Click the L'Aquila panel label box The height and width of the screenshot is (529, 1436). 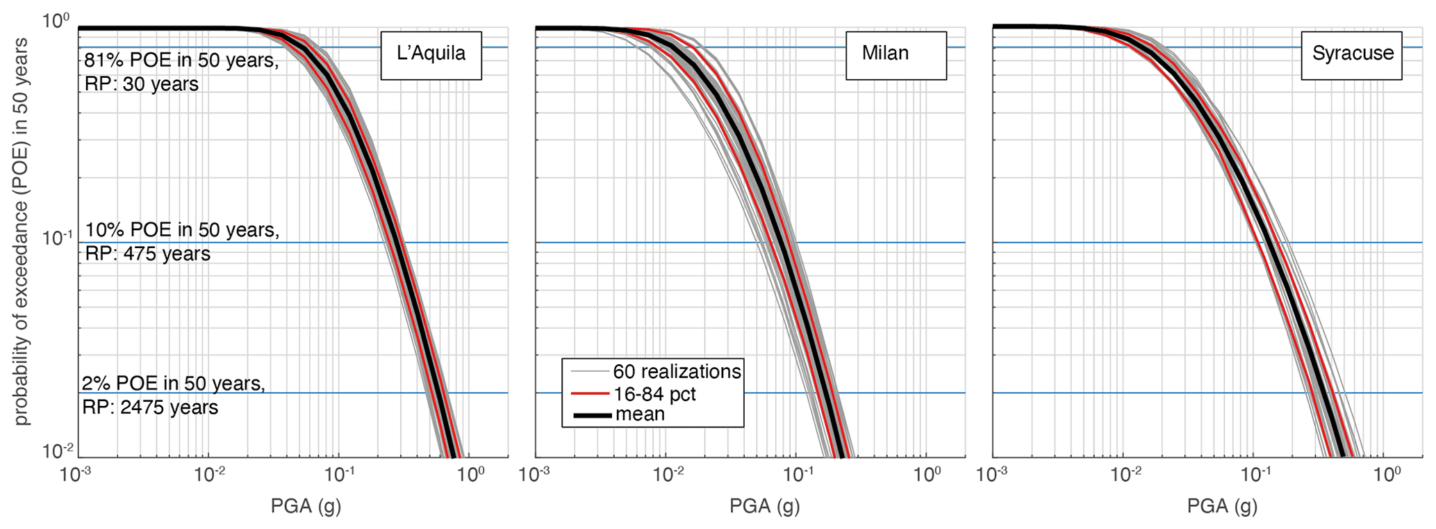pyautogui.click(x=431, y=55)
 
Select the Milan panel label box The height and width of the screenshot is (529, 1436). pyautogui.click(x=895, y=55)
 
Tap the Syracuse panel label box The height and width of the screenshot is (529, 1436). pyautogui.click(x=1351, y=55)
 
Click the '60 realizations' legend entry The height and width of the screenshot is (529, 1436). pyautogui.click(x=676, y=371)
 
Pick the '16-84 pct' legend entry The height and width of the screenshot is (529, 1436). pyautogui.click(x=654, y=394)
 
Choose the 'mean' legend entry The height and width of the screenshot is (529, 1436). pyautogui.click(x=640, y=414)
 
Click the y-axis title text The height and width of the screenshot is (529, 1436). pyautogui.click(x=22, y=231)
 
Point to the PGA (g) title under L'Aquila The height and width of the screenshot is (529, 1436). pyautogui.click(x=306, y=506)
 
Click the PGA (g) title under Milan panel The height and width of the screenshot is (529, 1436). pyautogui.click(x=764, y=506)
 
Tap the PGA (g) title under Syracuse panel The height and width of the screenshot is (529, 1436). pyautogui.click(x=1222, y=506)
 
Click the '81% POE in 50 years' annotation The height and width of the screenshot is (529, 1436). pyautogui.click(x=181, y=60)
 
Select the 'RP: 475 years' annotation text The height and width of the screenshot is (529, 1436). pyautogui.click(x=147, y=254)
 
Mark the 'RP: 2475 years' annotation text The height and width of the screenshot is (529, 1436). pyautogui.click(x=150, y=407)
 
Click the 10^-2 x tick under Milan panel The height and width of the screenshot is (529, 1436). pyautogui.click(x=668, y=476)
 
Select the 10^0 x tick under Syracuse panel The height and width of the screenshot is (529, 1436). pyautogui.click(x=1387, y=476)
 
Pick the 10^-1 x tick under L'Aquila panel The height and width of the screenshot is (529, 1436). pyautogui.click(x=340, y=476)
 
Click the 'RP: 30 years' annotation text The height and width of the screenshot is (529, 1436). pyautogui.click(x=141, y=84)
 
